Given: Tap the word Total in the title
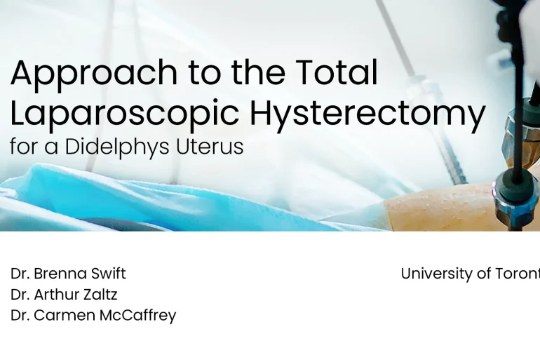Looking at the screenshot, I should click(x=337, y=73).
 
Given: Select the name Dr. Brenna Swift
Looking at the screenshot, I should click(x=68, y=274).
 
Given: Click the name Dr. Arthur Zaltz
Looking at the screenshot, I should click(x=64, y=295).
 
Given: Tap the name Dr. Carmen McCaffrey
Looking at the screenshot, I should click(x=93, y=316).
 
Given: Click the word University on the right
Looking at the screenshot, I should click(x=437, y=274).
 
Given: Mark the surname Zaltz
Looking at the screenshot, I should click(x=100, y=295).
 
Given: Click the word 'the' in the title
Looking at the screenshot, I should click(x=264, y=73).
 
